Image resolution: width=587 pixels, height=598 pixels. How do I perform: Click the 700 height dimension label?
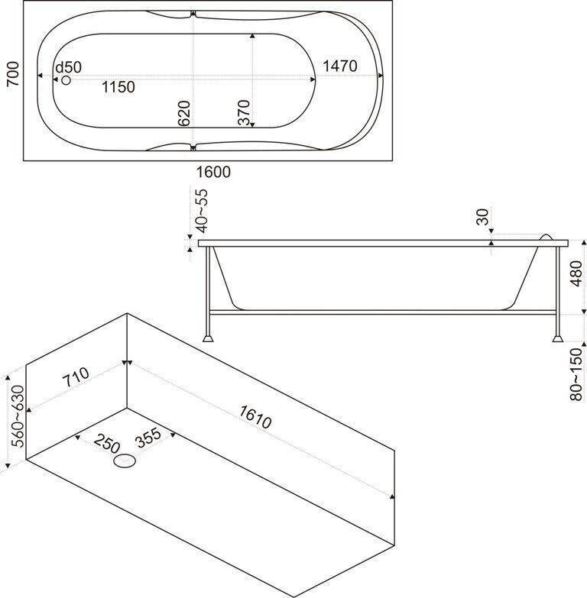[11, 75]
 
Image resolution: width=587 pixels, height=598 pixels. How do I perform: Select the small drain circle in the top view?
[66, 79]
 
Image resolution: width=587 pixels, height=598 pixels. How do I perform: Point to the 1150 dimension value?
[118, 87]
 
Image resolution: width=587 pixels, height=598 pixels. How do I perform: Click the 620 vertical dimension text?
[183, 113]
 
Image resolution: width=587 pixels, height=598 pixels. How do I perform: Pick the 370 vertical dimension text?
[243, 113]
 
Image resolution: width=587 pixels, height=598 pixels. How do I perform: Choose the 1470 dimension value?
[339, 66]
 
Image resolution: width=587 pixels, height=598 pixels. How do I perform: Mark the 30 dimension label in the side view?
[482, 217]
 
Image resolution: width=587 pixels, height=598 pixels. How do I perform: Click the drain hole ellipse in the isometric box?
[125, 461]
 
